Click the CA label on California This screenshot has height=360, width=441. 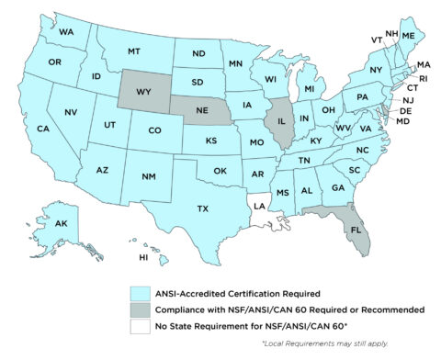point(42,129)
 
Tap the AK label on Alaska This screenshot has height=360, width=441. point(61,223)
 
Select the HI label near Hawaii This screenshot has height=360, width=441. point(143,258)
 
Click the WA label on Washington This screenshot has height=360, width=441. point(66,32)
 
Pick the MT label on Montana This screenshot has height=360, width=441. point(133,50)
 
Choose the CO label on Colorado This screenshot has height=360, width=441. point(155,130)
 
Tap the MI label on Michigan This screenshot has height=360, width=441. point(310,88)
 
